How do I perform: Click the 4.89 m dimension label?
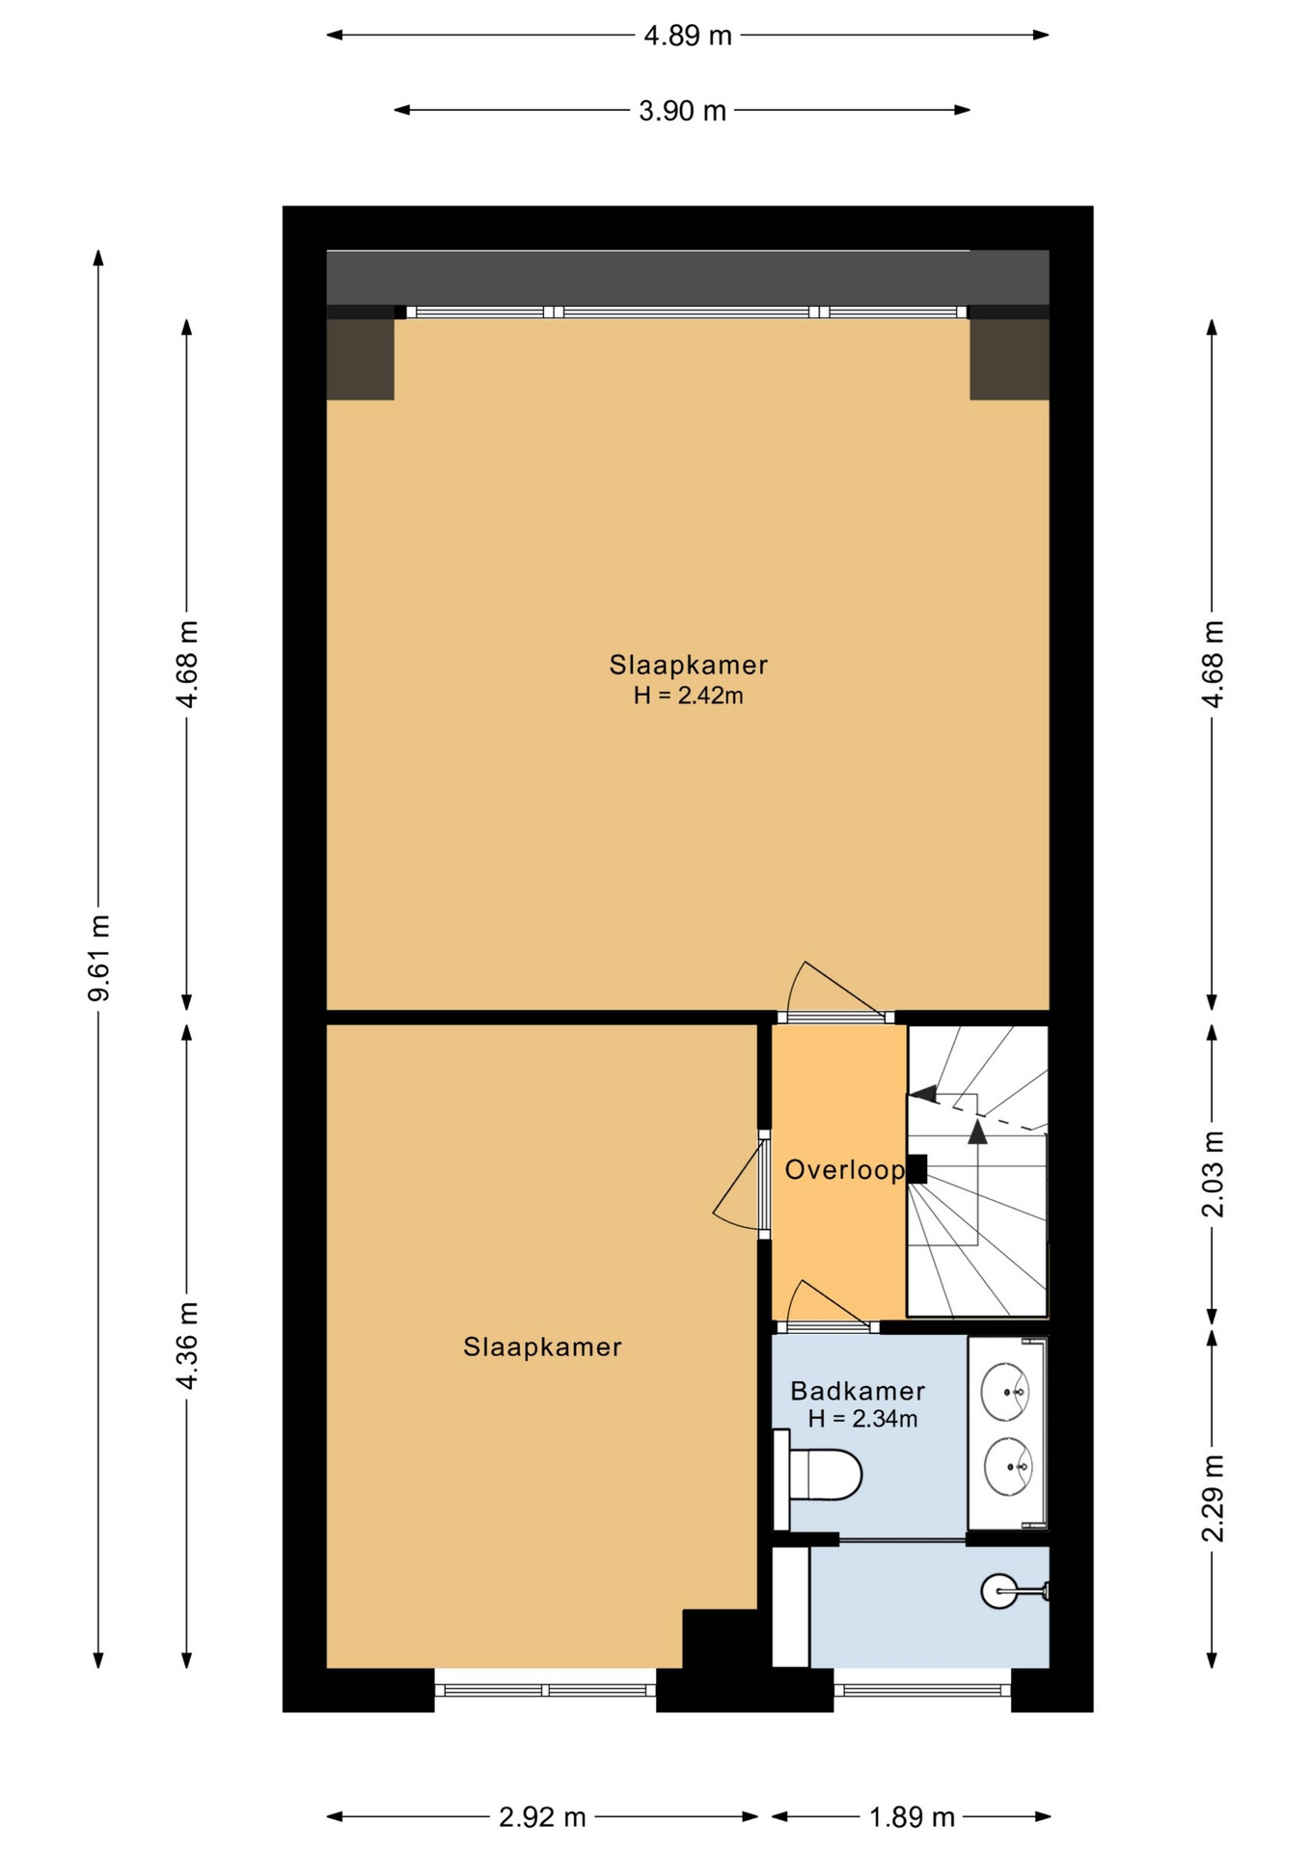coord(688,36)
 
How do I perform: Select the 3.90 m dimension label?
coord(682,111)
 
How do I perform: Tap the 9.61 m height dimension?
coord(99,958)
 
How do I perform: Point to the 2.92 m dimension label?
coord(542,1817)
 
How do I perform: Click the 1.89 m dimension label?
coord(912,1817)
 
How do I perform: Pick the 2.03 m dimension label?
coord(1213,1174)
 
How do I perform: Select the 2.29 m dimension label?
coord(1213,1498)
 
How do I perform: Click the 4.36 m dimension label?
coord(187,1346)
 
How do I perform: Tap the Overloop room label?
coord(844,1170)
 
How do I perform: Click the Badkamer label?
coord(858,1391)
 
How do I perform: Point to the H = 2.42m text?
coord(688,695)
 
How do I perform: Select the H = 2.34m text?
coord(862,1419)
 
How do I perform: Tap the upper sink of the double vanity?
coord(1005,1392)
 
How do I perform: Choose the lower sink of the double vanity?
coord(1008,1467)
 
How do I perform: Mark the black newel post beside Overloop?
coord(916,1169)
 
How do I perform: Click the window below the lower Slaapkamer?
coord(545,1690)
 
